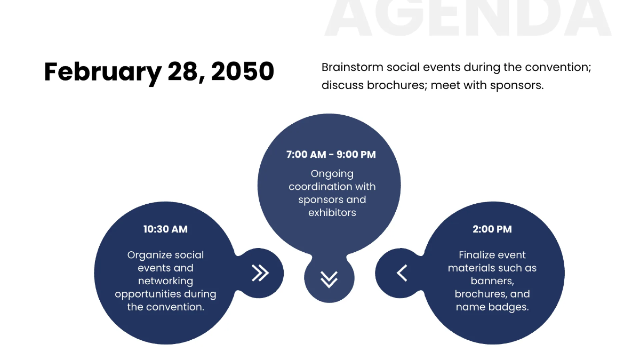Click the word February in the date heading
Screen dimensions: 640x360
point(103,73)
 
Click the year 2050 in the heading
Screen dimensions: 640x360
point(243,71)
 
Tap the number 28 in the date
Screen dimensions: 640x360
point(183,71)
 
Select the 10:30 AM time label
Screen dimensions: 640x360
point(165,229)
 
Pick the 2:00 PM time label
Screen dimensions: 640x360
point(492,229)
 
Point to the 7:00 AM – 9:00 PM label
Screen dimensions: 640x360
point(331,155)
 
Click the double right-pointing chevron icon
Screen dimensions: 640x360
point(260,273)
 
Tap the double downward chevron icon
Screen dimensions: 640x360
point(329,279)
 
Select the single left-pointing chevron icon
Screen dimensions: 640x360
point(402,273)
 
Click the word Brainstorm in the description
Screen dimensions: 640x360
point(353,67)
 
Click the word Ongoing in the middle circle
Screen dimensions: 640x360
point(332,174)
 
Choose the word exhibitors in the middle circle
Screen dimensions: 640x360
point(332,213)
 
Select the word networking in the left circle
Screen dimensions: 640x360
point(165,281)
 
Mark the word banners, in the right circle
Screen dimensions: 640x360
point(492,281)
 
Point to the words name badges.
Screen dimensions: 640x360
point(492,307)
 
